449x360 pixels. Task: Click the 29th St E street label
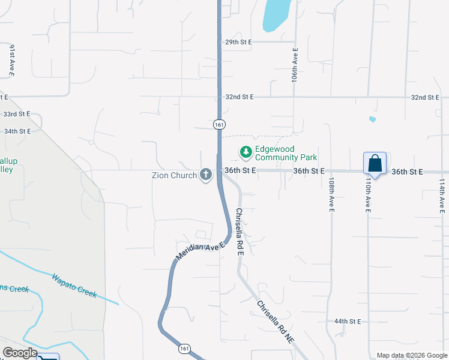tap(238, 43)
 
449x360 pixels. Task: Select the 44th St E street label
tap(348, 322)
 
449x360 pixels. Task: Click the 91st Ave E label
tap(12, 61)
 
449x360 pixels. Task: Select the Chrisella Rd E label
tap(239, 232)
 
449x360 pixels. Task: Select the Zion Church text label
tap(175, 176)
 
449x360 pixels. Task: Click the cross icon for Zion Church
tap(206, 175)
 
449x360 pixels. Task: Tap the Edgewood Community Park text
tap(286, 153)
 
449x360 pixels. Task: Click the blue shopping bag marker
tap(375, 164)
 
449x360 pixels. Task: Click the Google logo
tap(20, 353)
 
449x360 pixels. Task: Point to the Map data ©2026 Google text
tap(411, 355)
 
